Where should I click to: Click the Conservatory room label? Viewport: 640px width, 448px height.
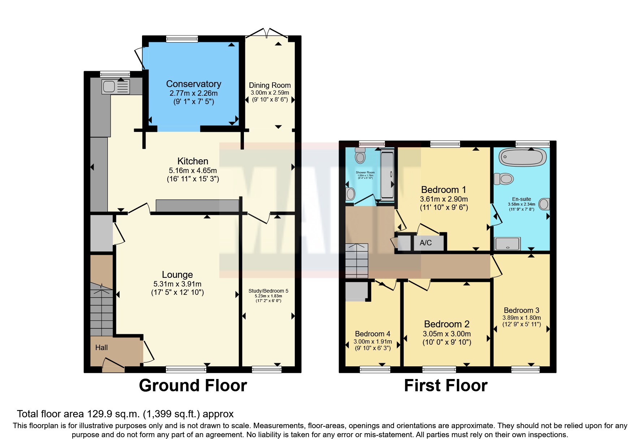click(193, 84)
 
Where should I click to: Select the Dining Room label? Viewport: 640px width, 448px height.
click(270, 85)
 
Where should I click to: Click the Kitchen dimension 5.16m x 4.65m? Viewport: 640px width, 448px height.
click(193, 171)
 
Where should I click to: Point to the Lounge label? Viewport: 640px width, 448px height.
click(177, 275)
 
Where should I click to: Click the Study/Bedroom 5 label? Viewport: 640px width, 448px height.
click(268, 291)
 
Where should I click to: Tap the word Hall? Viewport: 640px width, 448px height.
click(102, 348)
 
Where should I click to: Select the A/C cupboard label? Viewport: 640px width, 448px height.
click(425, 243)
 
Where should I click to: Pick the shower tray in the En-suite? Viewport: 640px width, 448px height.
click(507, 244)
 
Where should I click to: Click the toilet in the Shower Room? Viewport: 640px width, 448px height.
click(360, 156)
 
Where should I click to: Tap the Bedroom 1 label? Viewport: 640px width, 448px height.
click(443, 190)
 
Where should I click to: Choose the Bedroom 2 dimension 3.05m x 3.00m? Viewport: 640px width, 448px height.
click(447, 334)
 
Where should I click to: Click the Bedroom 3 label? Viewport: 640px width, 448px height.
click(521, 310)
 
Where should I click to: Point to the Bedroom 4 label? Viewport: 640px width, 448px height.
click(372, 334)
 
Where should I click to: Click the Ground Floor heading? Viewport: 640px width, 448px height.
click(193, 385)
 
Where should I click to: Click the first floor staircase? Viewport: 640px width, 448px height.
click(357, 260)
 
